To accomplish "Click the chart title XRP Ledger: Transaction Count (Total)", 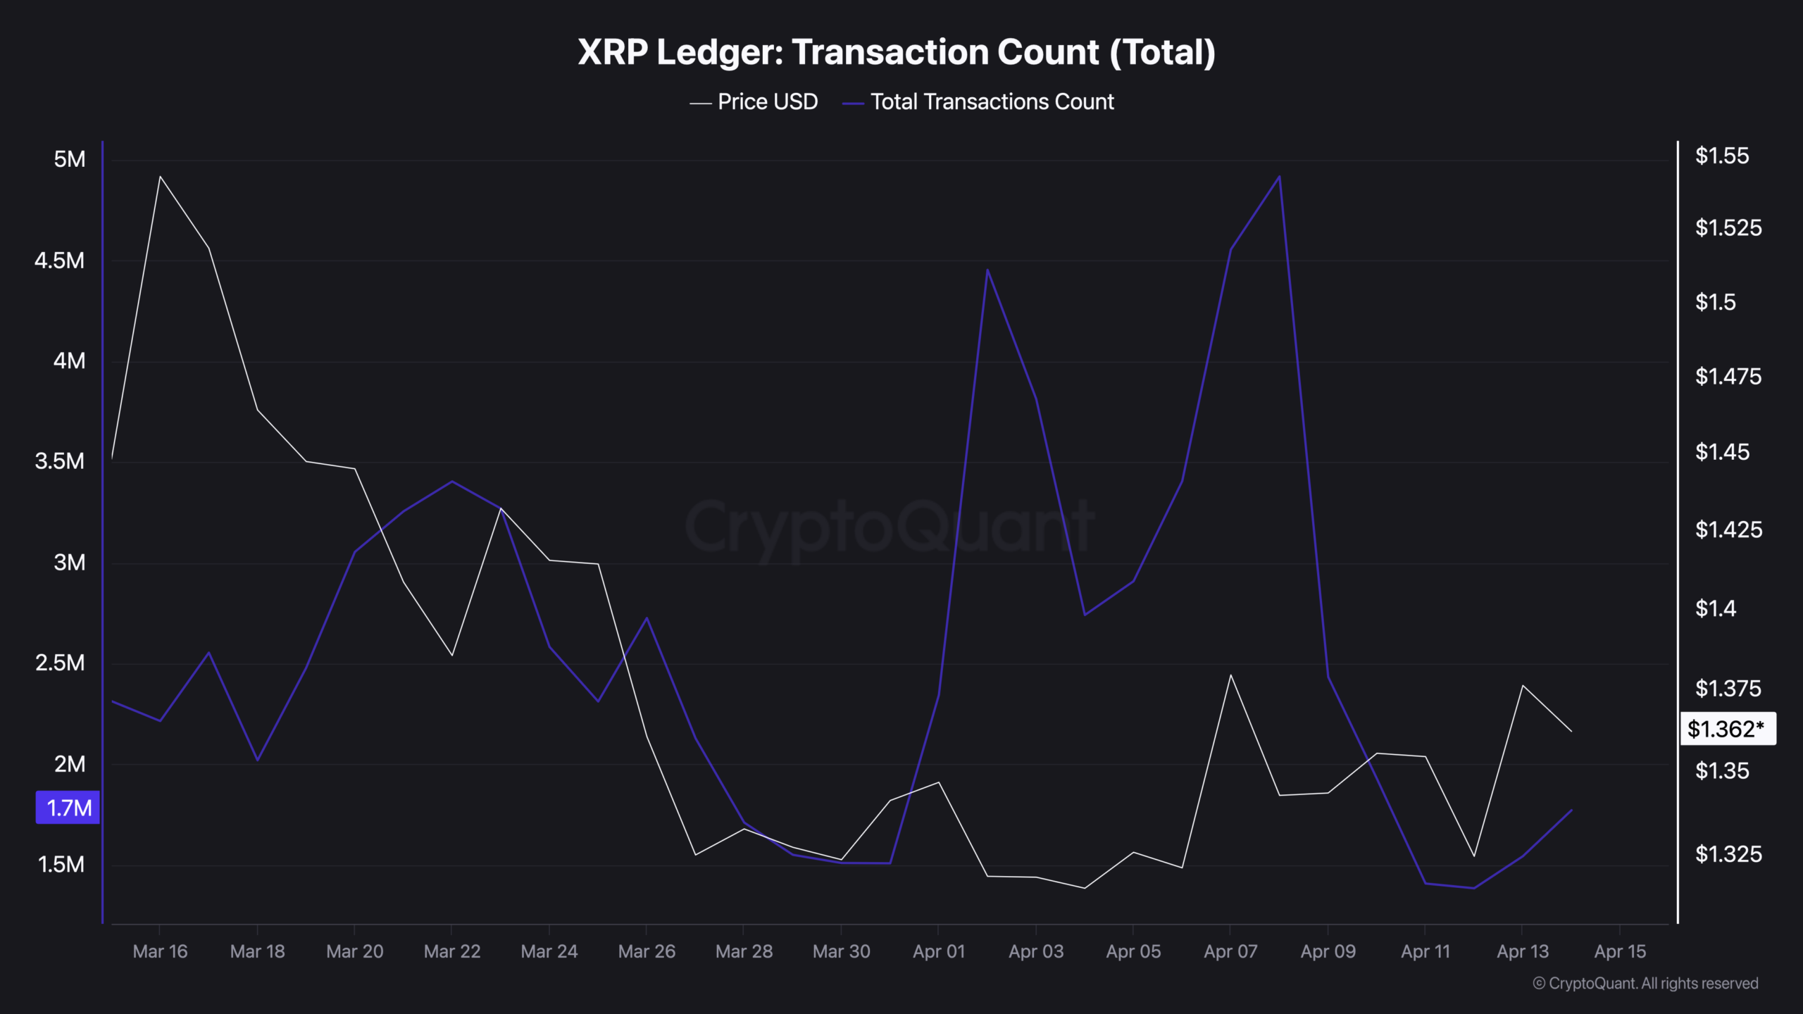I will click(896, 52).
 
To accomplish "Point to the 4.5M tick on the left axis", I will click(59, 261).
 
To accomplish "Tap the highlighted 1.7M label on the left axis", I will click(68, 808).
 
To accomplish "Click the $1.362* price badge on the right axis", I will click(1727, 729).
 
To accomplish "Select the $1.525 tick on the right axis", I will click(1728, 227).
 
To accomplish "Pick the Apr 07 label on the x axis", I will click(1230, 951).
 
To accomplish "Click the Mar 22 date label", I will click(451, 951).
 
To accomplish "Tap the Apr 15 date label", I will click(1620, 951).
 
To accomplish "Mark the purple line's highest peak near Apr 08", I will click(1279, 177).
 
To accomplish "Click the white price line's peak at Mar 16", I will click(161, 177).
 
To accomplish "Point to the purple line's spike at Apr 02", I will click(987, 270).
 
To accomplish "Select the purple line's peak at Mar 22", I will click(451, 482).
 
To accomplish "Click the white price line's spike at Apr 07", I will click(1230, 675).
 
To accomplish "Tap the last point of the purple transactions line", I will click(1571, 810).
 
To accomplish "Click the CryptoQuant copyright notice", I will click(1645, 983).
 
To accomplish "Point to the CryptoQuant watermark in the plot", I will click(889, 527).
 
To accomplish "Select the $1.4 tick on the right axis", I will click(1716, 608).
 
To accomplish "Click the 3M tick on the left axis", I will click(69, 563).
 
